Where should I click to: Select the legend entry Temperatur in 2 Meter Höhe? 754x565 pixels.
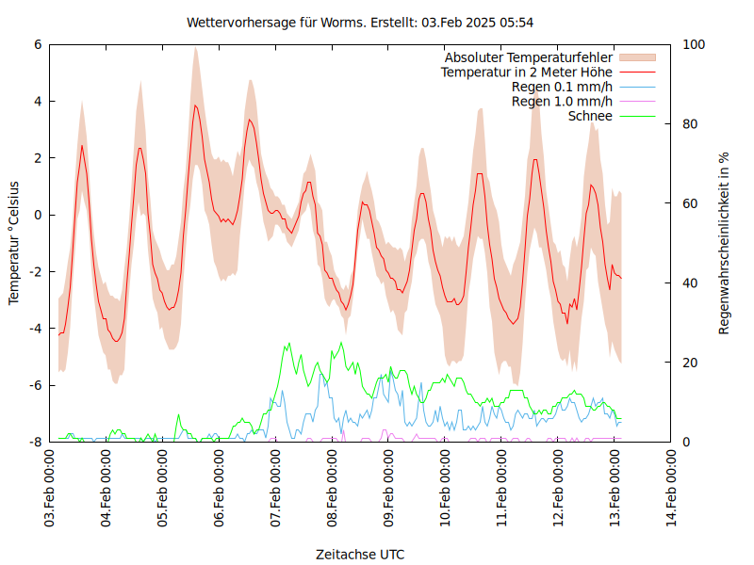coord(527,72)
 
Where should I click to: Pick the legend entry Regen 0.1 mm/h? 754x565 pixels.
coord(562,87)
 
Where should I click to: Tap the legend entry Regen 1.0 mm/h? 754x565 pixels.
coord(562,101)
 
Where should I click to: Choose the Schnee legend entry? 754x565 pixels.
coord(591,116)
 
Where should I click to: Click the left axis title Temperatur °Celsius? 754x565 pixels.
coord(14,242)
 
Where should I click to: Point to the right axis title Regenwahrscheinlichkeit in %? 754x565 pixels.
coord(725,242)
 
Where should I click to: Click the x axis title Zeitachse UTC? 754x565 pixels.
coord(360,555)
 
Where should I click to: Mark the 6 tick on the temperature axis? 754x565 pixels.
coord(38,44)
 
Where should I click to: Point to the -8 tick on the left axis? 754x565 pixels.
coord(35,442)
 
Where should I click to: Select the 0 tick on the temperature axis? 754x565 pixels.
coord(38,215)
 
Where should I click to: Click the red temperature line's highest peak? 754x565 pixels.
coord(195,105)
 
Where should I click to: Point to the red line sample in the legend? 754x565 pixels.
coord(637,72)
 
